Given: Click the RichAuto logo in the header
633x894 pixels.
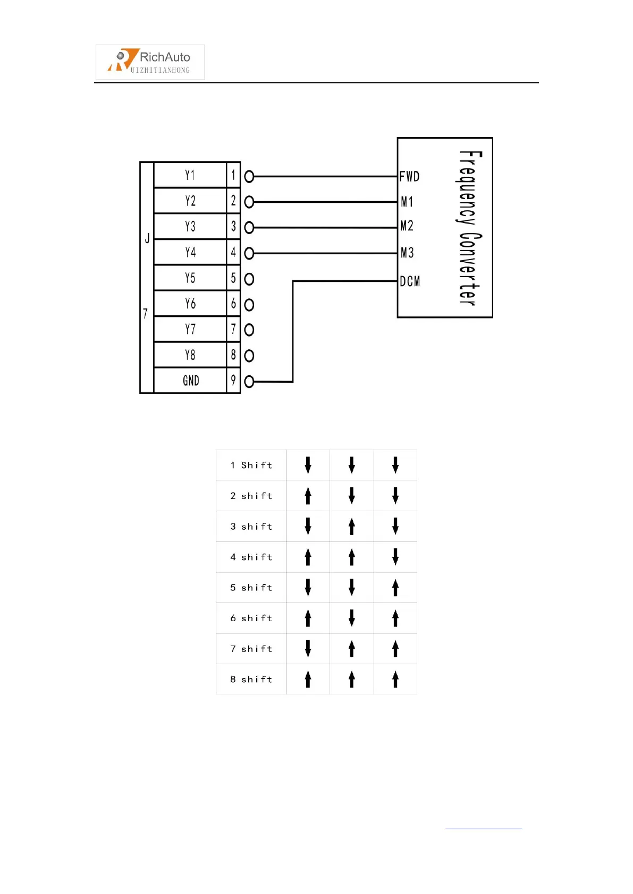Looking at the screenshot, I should [x=150, y=62].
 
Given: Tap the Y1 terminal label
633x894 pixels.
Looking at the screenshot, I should [x=190, y=175].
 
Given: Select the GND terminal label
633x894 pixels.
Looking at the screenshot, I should [x=191, y=381].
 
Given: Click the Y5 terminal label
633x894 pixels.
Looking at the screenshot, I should [x=190, y=278].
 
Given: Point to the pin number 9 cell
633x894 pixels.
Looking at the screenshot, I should [x=233, y=380].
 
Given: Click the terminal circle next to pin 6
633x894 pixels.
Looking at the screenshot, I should [x=249, y=305].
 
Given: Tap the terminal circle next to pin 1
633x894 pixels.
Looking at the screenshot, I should [x=249, y=176].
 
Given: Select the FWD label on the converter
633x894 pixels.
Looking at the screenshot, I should [x=409, y=177].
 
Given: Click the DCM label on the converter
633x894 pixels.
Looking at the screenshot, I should [x=410, y=281].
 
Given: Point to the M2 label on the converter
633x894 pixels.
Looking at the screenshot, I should [x=407, y=226].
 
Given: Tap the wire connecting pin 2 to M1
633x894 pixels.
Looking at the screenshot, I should [x=324, y=202].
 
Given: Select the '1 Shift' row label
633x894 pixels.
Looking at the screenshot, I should [x=251, y=466].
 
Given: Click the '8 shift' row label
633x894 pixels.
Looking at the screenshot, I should [x=251, y=680].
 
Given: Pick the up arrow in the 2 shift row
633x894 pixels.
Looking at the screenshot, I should [x=308, y=496].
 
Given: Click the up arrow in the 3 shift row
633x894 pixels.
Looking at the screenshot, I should [x=351, y=527].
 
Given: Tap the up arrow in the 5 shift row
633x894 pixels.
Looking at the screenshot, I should [x=395, y=588].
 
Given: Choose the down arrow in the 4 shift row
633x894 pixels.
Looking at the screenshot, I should [x=395, y=557].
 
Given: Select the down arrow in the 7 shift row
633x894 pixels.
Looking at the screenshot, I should [x=308, y=649].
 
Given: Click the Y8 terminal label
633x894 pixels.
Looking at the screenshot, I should [x=190, y=355].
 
